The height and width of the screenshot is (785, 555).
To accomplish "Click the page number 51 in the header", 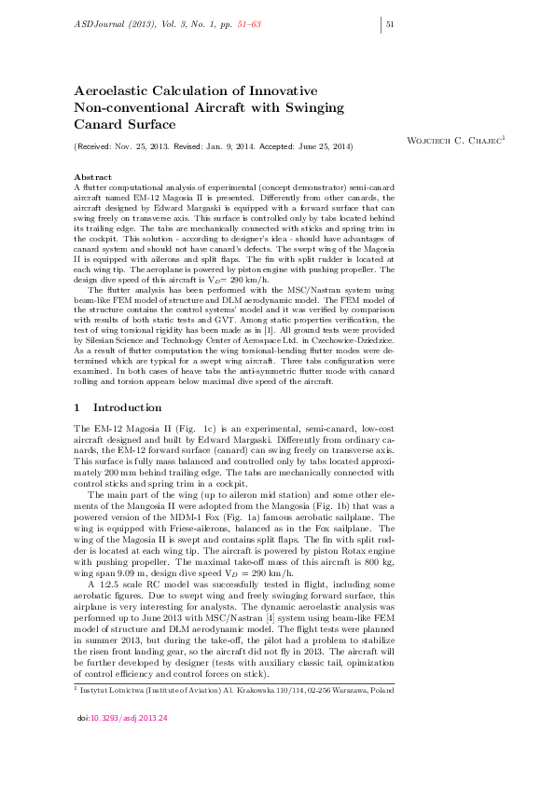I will coord(392,24).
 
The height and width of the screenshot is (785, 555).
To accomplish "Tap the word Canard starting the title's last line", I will coord(98,124).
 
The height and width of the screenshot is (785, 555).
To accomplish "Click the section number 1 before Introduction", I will coord(76,408).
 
